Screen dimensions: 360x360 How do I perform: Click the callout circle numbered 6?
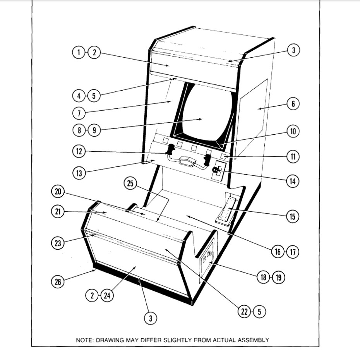point(293,104)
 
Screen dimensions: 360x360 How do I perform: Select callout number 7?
point(79,113)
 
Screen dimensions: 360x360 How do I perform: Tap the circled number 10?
point(293,132)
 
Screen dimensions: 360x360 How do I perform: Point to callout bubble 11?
point(293,156)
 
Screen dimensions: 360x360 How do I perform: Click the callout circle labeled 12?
point(79,151)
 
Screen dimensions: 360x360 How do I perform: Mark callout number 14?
point(293,180)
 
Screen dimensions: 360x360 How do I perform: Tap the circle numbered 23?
point(57,243)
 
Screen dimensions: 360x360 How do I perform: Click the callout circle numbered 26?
point(58,282)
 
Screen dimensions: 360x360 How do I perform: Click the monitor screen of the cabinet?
point(203,112)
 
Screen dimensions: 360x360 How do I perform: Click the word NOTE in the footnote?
point(84,340)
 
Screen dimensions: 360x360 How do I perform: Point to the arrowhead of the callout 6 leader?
point(259,110)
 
